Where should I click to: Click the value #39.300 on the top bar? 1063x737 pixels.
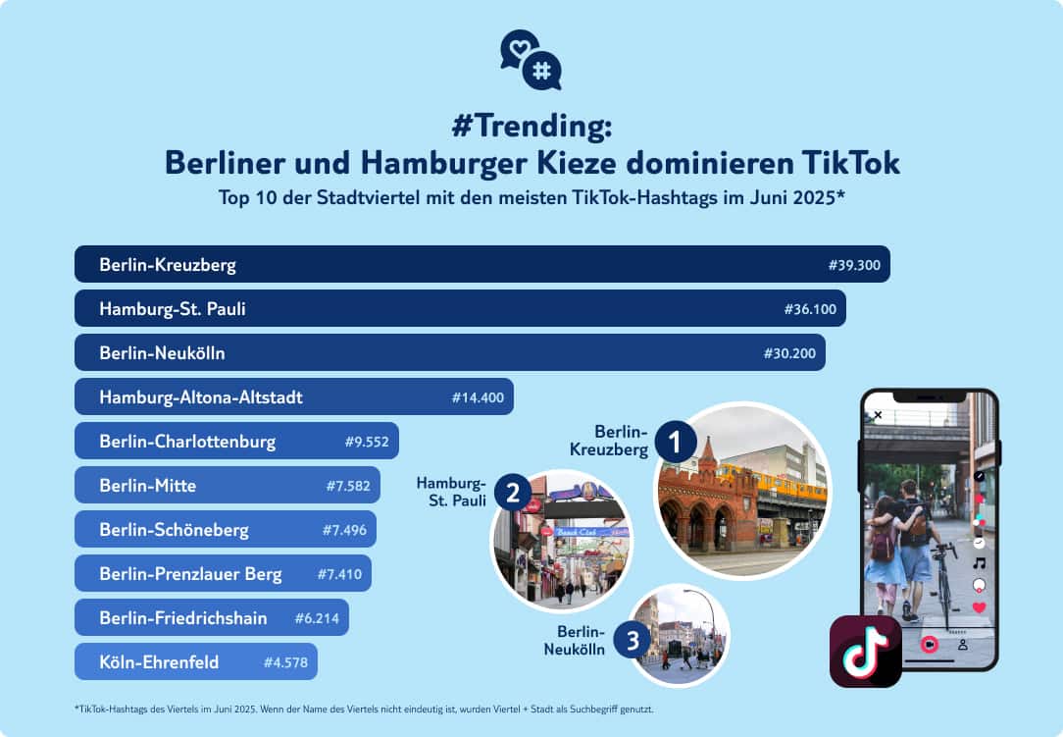tap(854, 265)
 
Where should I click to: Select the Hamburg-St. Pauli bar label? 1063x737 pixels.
tap(172, 309)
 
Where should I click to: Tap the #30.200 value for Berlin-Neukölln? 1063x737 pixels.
tap(789, 353)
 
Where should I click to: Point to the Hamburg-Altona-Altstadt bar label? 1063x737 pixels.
tap(200, 397)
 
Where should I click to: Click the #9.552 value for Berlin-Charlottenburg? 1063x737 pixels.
tap(367, 442)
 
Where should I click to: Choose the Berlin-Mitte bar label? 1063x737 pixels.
tap(147, 486)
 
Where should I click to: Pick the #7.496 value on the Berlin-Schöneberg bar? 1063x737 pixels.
tap(344, 530)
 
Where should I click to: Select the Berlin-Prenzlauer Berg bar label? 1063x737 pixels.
tap(190, 574)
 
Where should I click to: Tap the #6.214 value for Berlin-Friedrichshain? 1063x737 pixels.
tap(317, 618)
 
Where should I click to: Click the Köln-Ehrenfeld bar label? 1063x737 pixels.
tap(159, 662)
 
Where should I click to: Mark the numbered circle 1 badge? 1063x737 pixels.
tap(676, 442)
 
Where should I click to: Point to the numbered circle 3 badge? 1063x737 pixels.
tap(633, 643)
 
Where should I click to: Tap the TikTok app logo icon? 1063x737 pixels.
tap(865, 651)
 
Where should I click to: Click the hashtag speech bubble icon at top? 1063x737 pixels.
tap(540, 71)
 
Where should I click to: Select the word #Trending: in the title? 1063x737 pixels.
tap(531, 127)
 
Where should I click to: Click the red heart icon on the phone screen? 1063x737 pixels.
tap(978, 608)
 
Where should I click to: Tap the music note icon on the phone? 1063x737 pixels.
tap(978, 563)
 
